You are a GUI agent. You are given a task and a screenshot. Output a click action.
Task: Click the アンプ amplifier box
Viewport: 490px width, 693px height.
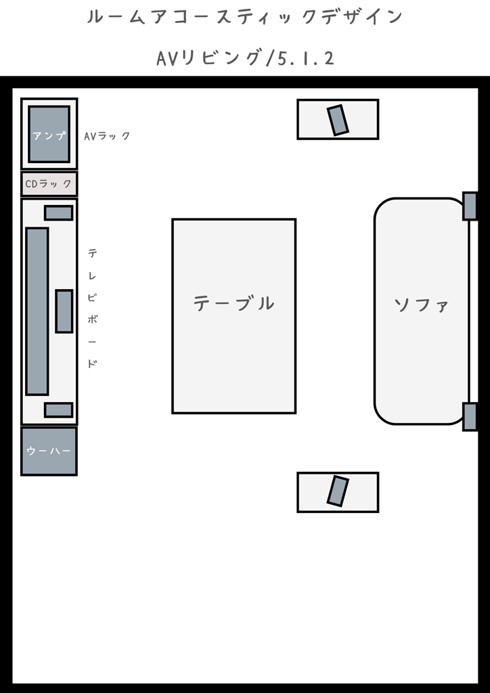click(x=49, y=134)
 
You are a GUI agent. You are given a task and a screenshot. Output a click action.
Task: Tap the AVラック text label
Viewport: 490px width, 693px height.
click(x=108, y=135)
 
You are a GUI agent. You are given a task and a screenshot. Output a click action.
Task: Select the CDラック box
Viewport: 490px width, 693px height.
click(x=49, y=184)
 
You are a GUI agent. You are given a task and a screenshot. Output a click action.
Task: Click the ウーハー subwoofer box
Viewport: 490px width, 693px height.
click(x=49, y=451)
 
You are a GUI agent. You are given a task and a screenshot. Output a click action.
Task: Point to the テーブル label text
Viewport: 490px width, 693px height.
click(x=233, y=303)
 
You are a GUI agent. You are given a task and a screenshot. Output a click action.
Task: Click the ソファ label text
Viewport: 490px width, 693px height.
click(x=421, y=305)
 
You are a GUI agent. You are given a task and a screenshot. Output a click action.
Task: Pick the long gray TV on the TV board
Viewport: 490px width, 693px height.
click(x=37, y=311)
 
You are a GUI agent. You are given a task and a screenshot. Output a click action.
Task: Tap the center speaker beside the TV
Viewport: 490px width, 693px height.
click(x=64, y=311)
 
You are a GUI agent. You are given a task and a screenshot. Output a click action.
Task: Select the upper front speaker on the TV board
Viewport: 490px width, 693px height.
click(x=58, y=213)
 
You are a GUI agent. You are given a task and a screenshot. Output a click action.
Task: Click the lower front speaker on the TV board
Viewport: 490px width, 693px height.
click(x=58, y=409)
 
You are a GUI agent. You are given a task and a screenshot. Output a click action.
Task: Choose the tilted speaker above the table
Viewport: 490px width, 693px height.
click(x=338, y=120)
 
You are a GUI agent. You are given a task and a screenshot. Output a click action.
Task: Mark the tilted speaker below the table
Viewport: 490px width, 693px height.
click(x=338, y=491)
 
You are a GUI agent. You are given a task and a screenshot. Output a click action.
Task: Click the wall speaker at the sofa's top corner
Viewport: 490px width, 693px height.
click(x=470, y=206)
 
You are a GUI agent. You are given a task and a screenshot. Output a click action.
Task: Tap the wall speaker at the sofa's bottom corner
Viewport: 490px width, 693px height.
click(x=470, y=416)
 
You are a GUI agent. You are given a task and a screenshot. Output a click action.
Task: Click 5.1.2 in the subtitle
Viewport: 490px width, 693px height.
click(x=306, y=58)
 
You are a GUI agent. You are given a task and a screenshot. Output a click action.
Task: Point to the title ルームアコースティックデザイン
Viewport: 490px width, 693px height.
click(x=245, y=17)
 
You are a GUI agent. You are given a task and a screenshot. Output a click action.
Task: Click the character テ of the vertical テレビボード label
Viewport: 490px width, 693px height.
click(x=92, y=253)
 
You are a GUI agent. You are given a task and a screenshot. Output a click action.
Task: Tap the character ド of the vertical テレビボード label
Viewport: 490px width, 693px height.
click(x=92, y=363)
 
